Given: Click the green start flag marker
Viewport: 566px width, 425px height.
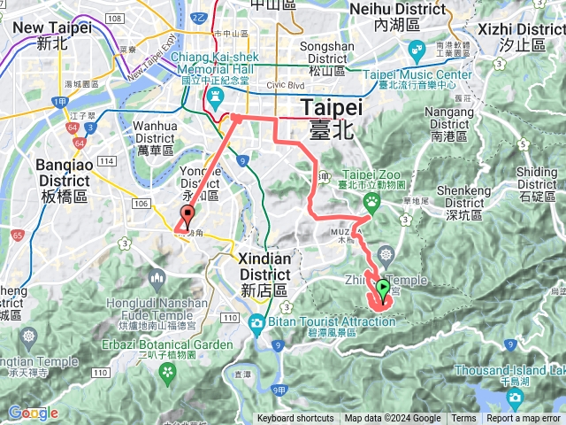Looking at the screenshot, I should click(x=383, y=288).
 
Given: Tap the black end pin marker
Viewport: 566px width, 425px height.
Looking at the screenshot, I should click(x=187, y=214).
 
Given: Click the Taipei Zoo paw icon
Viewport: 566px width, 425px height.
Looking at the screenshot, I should click(x=373, y=200).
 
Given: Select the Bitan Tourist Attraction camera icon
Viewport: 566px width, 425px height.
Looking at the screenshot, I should click(x=256, y=321).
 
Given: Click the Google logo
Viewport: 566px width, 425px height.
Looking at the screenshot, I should click(x=33, y=413).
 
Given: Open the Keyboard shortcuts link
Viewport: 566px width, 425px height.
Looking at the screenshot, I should click(x=295, y=419).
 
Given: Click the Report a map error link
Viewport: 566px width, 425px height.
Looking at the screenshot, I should click(x=524, y=419).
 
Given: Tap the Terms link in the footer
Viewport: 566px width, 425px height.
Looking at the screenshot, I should click(x=463, y=419).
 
